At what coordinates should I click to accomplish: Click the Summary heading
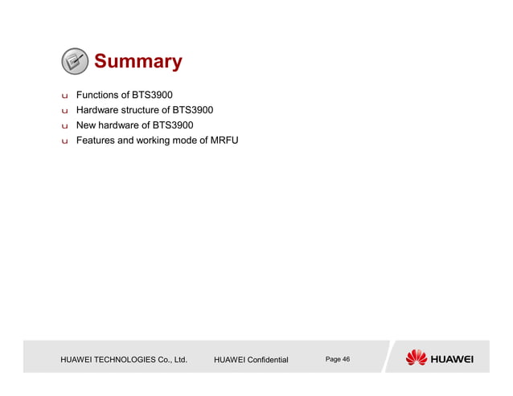pos(137,61)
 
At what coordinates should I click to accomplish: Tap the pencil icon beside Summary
pos(74,61)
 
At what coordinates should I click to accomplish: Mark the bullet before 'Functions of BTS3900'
pos(64,96)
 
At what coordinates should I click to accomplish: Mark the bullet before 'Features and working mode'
pos(64,141)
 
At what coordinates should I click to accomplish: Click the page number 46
pos(345,359)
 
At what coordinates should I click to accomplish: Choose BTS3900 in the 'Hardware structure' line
pos(193,110)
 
